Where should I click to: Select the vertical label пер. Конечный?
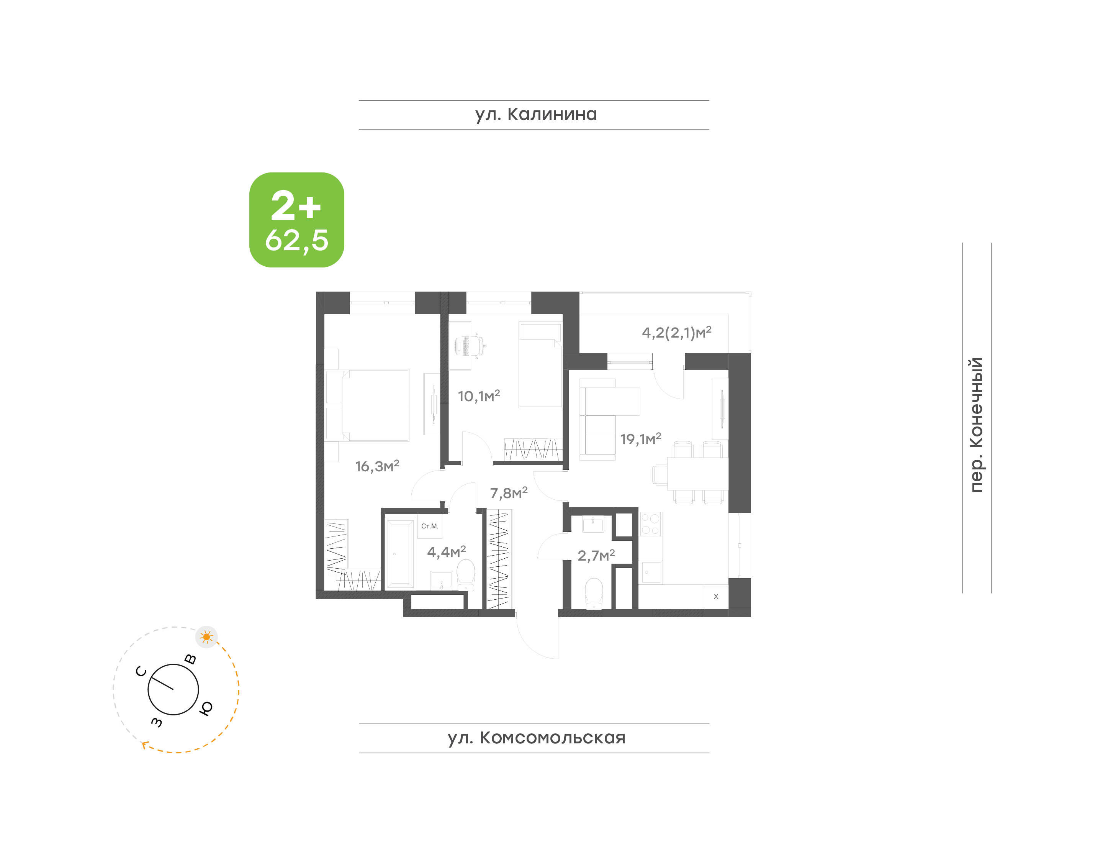(976, 425)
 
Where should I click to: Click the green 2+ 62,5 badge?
(296, 220)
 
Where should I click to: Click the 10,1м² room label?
(479, 396)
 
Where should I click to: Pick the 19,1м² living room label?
(640, 439)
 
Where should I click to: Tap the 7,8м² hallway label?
(509, 493)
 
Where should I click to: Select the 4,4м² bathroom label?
(446, 552)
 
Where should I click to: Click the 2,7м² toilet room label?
(596, 555)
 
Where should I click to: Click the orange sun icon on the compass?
(206, 637)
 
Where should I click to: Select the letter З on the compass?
(157, 722)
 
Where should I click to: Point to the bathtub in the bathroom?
(401, 554)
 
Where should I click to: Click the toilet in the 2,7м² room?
(594, 594)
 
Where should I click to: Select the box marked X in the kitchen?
(716, 597)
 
